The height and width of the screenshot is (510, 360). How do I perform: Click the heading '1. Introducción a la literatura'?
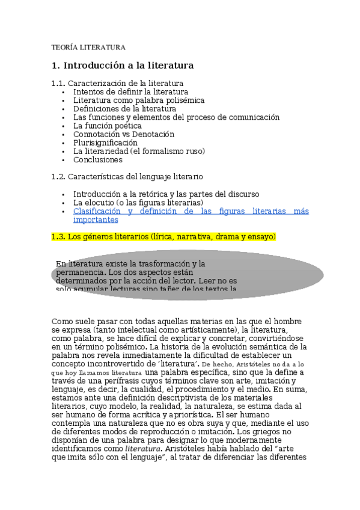123,65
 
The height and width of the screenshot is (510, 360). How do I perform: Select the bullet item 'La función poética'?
107,126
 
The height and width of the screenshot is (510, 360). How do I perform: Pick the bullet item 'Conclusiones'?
97,159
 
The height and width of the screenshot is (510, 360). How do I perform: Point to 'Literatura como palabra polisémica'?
139,100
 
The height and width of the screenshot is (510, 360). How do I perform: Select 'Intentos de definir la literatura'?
130,92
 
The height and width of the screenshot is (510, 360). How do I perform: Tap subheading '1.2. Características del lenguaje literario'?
127,176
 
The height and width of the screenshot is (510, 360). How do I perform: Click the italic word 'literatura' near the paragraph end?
143,448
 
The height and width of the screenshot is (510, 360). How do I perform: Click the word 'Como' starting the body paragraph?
62,321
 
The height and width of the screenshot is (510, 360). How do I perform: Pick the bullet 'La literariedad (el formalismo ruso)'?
139,151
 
